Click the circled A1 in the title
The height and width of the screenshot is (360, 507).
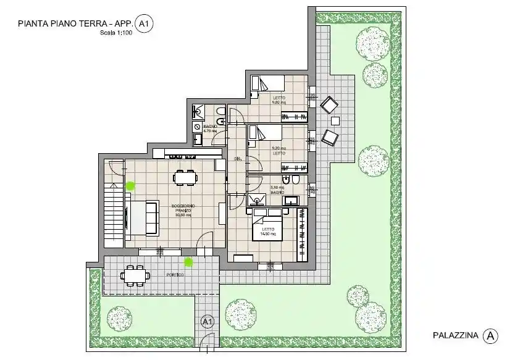(x=145, y=24)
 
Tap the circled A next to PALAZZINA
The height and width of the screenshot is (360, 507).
(x=490, y=335)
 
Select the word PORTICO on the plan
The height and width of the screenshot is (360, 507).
(x=175, y=274)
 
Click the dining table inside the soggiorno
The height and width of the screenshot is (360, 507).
(x=185, y=178)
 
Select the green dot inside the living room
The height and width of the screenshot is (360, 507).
(x=130, y=185)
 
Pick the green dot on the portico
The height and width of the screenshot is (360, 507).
(x=188, y=262)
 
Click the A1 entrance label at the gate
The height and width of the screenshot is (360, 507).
(x=207, y=322)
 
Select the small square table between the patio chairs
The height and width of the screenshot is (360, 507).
(x=335, y=120)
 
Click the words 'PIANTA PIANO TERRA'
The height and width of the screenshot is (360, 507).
(x=57, y=24)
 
